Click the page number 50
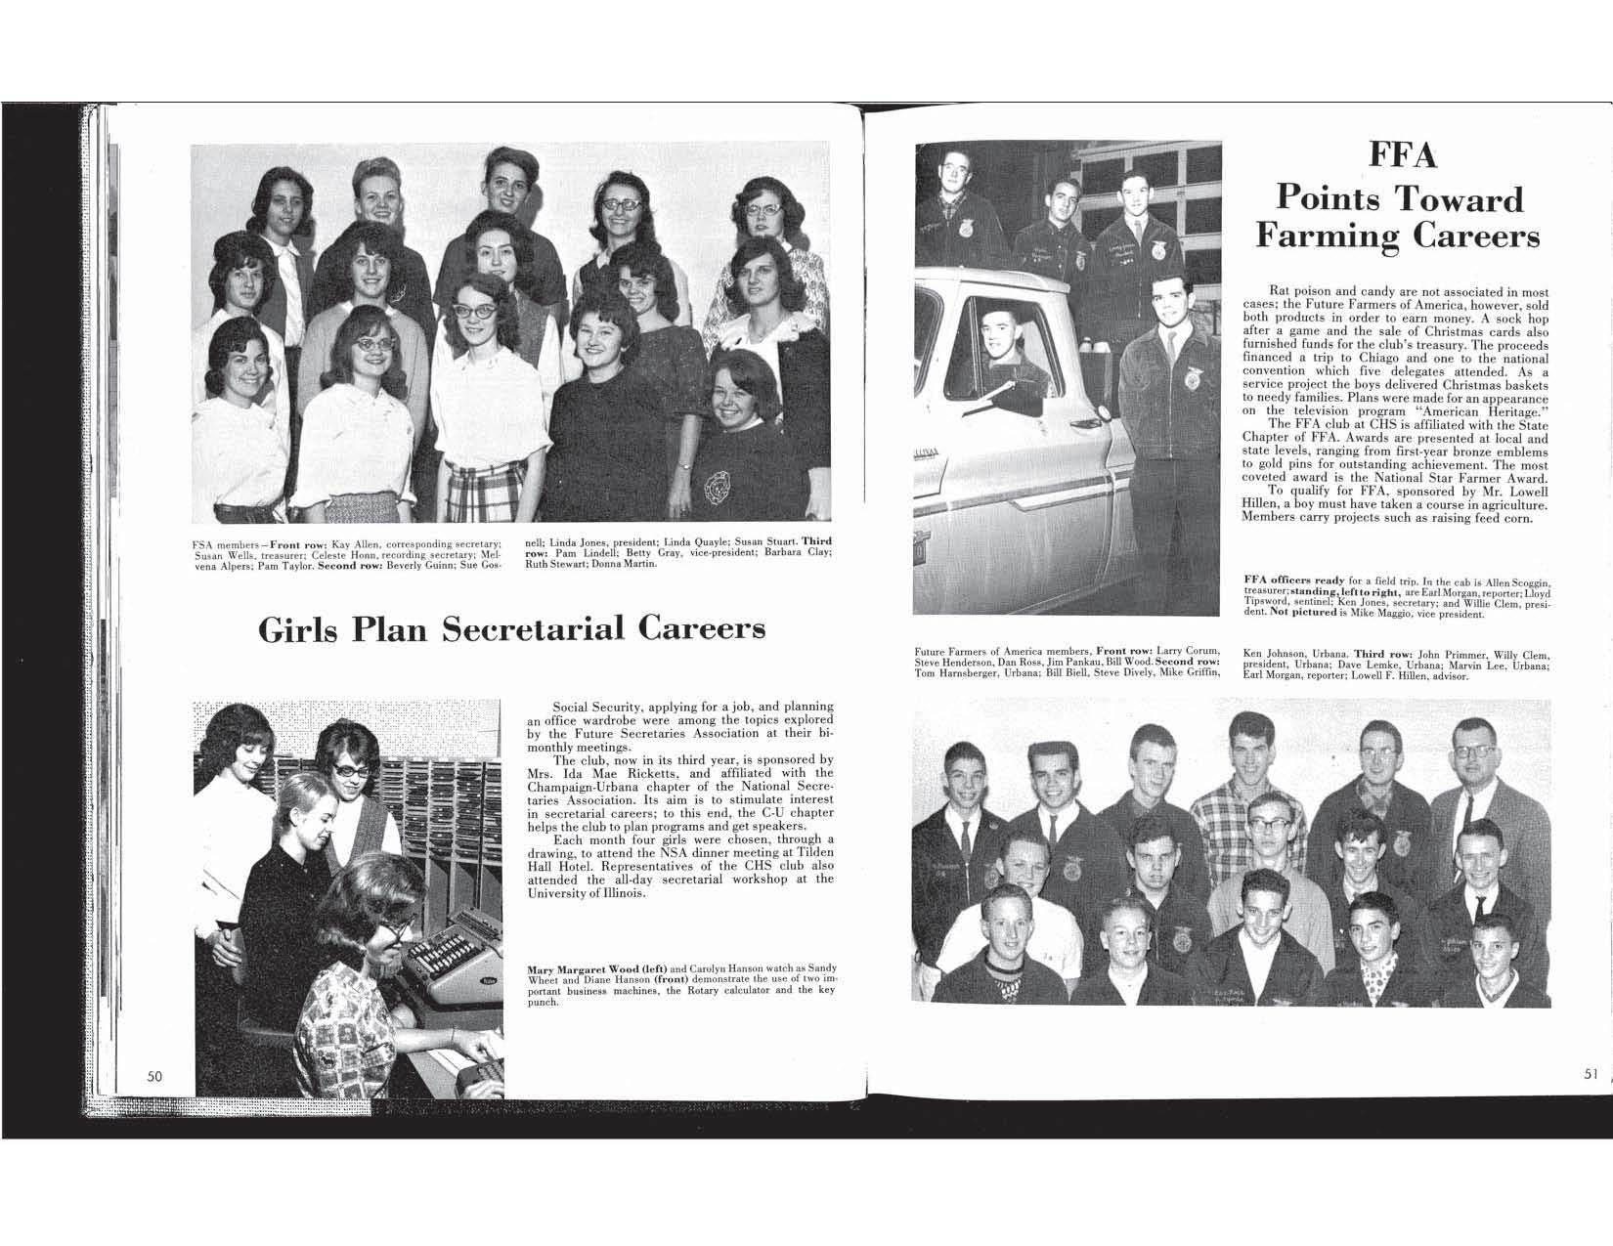(154, 1075)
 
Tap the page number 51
(1591, 1073)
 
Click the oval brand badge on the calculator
(485, 981)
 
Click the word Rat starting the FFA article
(1280, 291)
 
